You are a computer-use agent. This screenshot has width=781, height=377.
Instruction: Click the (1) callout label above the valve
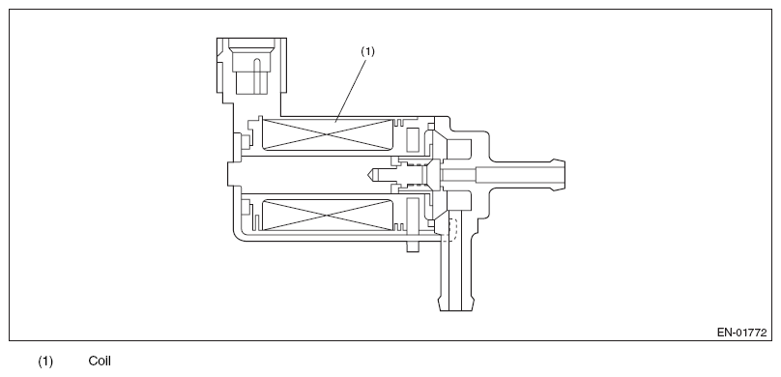pos(367,51)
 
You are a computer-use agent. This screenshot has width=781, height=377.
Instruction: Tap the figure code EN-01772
pos(741,333)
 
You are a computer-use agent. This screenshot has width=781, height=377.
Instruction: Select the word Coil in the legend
pos(100,362)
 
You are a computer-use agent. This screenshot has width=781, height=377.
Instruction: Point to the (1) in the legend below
pos(45,362)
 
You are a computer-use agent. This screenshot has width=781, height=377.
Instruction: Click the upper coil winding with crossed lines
pos(327,134)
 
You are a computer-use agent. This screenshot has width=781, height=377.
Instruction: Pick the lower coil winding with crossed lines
pos(327,216)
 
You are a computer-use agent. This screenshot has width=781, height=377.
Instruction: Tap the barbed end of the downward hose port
pos(456,304)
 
